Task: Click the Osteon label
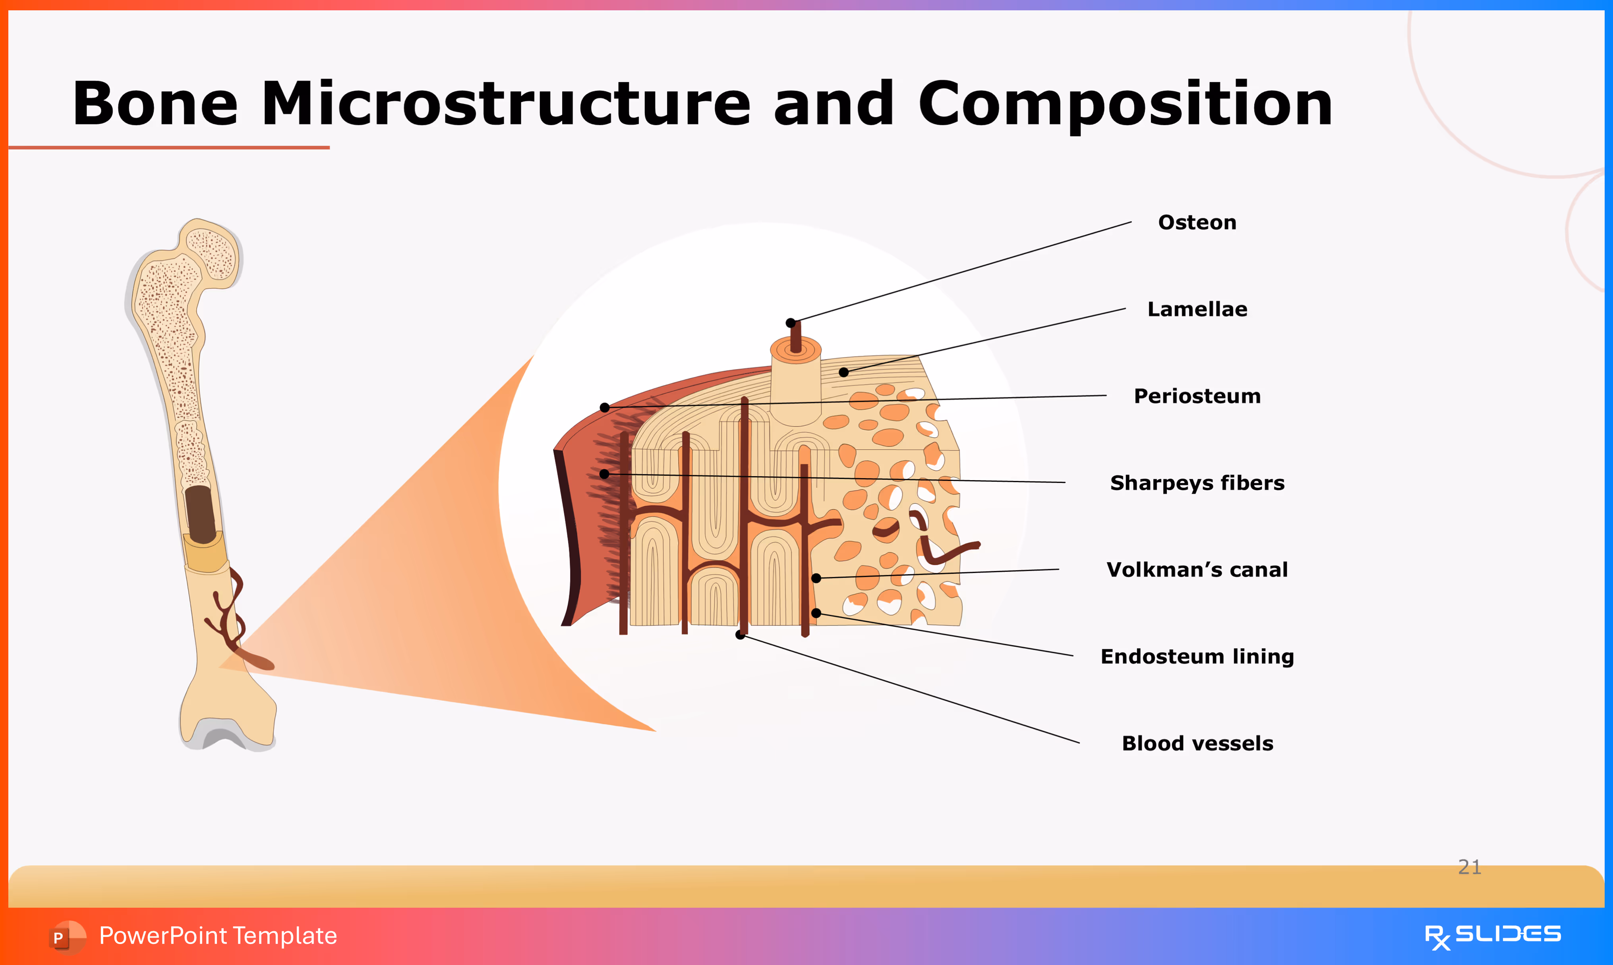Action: click(1197, 222)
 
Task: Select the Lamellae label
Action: click(1197, 309)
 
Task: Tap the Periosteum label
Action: click(1197, 396)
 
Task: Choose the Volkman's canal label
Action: click(1197, 569)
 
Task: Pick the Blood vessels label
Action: click(1197, 743)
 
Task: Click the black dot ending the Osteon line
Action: click(790, 323)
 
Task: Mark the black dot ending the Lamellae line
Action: click(843, 372)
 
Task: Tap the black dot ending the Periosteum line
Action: click(604, 408)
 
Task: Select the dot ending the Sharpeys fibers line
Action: click(604, 474)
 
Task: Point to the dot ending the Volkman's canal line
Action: click(816, 578)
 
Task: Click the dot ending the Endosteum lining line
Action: click(816, 613)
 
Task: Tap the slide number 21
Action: click(1469, 867)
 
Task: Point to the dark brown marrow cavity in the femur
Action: click(200, 514)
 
